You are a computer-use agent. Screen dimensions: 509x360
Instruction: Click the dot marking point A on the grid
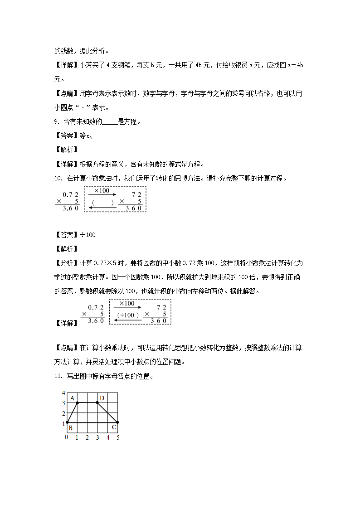tap(77, 402)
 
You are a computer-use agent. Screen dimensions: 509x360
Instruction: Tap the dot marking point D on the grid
tap(97, 402)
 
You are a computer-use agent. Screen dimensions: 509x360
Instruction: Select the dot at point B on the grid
tap(67, 422)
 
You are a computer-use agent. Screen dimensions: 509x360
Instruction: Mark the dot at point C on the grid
tap(117, 422)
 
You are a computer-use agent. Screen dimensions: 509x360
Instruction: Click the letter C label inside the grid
tap(113, 427)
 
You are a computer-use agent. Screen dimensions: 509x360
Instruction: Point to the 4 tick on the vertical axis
tap(63, 393)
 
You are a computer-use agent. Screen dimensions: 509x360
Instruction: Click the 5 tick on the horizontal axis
tap(118, 437)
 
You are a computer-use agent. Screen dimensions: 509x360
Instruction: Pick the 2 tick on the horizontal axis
tap(87, 437)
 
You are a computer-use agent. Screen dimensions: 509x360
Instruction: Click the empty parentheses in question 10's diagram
tap(102, 203)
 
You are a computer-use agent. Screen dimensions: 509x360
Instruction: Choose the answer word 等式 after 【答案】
tap(86, 136)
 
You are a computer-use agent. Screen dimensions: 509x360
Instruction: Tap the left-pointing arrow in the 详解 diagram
tap(127, 320)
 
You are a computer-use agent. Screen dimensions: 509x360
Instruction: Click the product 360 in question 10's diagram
tap(134, 208)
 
